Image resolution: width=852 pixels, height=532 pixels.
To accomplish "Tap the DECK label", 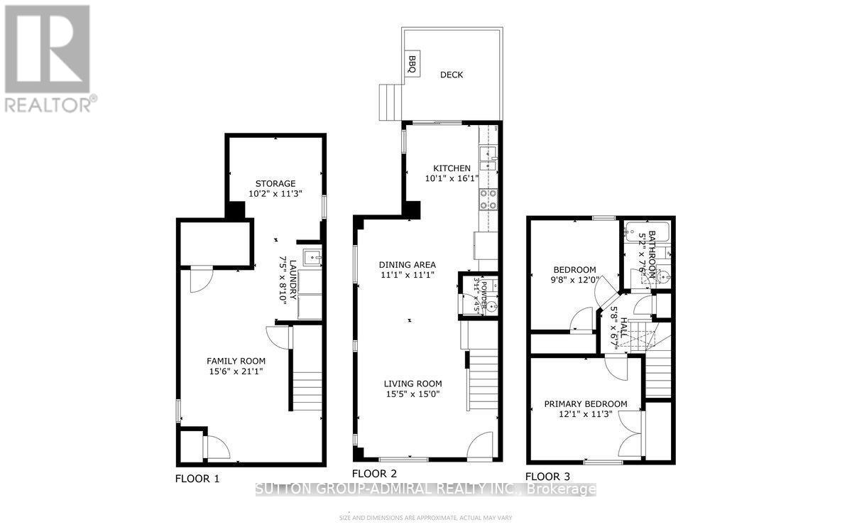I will [451, 75].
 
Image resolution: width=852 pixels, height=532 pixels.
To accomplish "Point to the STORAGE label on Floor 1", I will [275, 184].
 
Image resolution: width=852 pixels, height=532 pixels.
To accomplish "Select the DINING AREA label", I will [407, 265].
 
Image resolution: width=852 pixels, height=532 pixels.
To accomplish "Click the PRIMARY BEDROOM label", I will [586, 404].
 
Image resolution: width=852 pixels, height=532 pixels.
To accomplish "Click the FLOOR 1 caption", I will [197, 479].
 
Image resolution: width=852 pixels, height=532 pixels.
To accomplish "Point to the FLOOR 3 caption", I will [547, 477].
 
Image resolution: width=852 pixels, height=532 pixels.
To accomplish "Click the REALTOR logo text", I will [50, 105].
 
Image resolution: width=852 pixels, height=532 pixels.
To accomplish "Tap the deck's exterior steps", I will [390, 103].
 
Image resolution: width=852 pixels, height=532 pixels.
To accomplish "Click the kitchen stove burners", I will [489, 200].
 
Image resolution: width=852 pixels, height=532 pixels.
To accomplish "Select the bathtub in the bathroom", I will [645, 230].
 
